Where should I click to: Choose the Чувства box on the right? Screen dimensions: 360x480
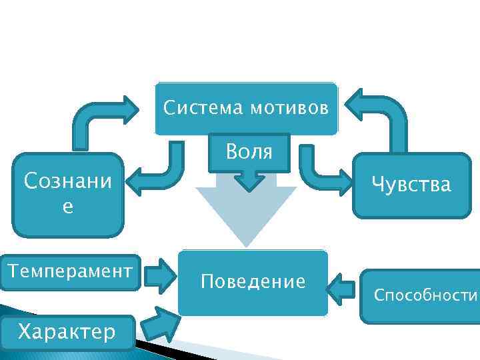point(411,185)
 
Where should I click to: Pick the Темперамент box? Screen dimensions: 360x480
point(69,273)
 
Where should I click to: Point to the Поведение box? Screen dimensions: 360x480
point(253,283)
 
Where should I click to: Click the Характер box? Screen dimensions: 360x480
point(67,330)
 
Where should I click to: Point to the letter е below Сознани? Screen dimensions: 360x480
point(67,207)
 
